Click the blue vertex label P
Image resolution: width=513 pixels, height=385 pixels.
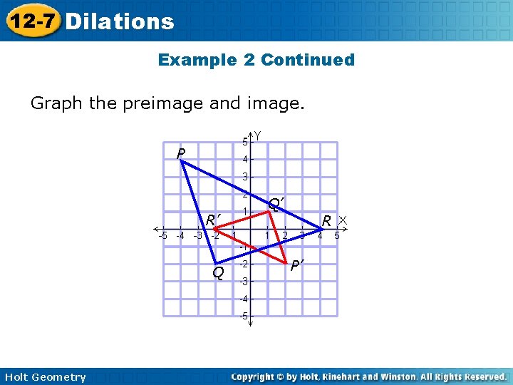(181, 154)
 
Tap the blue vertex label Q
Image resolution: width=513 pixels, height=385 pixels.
(219, 272)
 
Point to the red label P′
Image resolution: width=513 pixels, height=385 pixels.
(297, 266)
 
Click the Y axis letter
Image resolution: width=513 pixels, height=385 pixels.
(257, 135)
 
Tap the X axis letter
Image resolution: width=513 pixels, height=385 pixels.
(342, 220)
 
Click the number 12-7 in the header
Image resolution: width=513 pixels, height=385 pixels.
(31, 21)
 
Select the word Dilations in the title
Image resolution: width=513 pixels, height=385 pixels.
(119, 21)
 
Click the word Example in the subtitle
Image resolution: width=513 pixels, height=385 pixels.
(197, 60)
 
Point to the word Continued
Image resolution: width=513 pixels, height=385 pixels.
(308, 60)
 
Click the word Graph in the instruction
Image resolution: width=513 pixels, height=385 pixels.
(56, 103)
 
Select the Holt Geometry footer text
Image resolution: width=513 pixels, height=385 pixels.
(44, 377)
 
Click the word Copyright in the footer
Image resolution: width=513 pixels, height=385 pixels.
(254, 376)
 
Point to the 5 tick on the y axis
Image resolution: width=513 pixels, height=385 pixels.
(244, 141)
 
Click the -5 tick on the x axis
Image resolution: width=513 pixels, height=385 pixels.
(162, 235)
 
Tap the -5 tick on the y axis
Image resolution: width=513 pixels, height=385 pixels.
(243, 316)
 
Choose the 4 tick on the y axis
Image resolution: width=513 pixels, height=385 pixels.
(244, 159)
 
